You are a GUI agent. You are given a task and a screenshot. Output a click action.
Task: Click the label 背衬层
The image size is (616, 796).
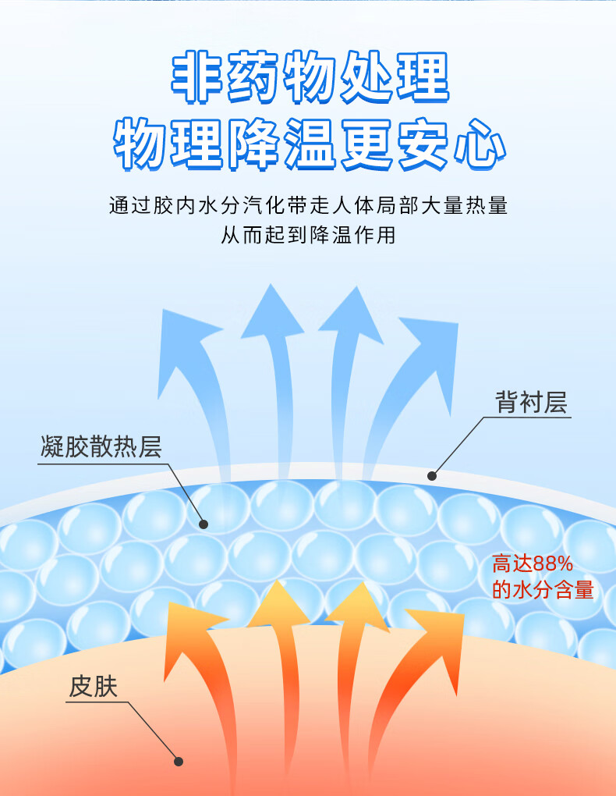click(530, 403)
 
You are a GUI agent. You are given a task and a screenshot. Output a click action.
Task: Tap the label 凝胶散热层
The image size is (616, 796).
click(101, 447)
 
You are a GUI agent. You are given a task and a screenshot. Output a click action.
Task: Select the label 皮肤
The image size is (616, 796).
click(93, 686)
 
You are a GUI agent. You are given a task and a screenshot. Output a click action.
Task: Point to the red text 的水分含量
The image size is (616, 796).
click(543, 590)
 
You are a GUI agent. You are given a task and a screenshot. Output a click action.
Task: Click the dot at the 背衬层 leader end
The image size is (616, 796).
click(432, 474)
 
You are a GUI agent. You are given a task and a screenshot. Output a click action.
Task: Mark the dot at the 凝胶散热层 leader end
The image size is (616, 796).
click(204, 524)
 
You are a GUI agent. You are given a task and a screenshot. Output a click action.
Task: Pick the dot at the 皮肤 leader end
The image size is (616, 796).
click(179, 761)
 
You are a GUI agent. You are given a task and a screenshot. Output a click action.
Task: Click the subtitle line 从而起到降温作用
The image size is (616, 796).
click(308, 234)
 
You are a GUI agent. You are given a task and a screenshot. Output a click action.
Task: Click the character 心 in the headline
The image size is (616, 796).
click(477, 144)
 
